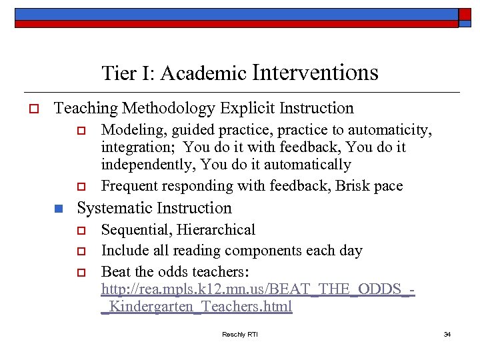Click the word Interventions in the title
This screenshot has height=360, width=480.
315,72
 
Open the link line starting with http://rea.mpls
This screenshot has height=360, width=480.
258,290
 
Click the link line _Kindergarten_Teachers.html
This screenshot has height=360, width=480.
197,307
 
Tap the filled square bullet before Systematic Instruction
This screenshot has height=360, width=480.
59,209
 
